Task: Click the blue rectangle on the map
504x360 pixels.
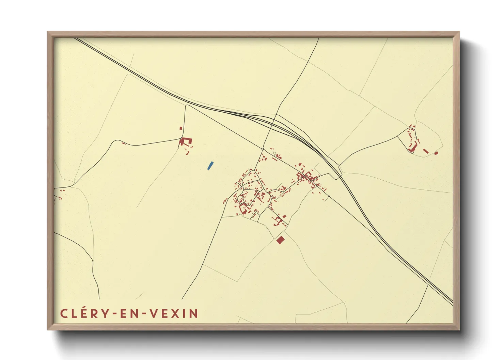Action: [x=210, y=166]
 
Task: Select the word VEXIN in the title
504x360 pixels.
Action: [x=173, y=313]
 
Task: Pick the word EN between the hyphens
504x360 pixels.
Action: [x=128, y=313]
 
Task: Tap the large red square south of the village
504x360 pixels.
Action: [x=280, y=240]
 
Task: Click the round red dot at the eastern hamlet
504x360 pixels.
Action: [x=436, y=153]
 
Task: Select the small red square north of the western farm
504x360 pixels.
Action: [x=181, y=128]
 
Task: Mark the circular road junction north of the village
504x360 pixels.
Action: [x=263, y=149]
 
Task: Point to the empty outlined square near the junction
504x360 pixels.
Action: [x=274, y=153]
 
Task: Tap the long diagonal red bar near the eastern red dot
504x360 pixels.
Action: [x=425, y=150]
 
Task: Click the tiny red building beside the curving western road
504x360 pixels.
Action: [x=124, y=143]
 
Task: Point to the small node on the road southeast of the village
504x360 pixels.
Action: [x=329, y=196]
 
